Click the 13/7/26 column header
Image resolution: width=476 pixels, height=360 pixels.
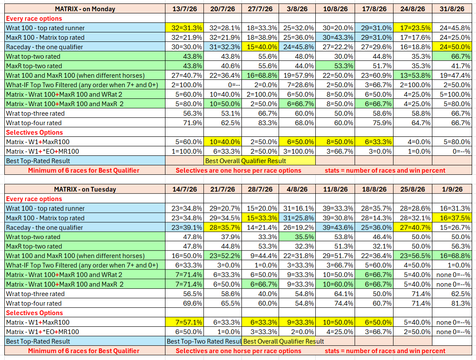(184, 9)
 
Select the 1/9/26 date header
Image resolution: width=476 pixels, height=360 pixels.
(452, 189)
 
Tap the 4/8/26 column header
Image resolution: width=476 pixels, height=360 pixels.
(297, 189)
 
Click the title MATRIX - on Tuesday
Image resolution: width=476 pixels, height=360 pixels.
(85, 189)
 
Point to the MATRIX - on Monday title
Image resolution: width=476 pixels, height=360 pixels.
(85, 9)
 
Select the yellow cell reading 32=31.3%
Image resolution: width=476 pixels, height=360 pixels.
(184, 28)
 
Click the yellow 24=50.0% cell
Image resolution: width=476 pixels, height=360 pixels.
(452, 47)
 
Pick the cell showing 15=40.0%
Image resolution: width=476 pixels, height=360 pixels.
(260, 47)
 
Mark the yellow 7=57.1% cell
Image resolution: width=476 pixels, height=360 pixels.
(184, 322)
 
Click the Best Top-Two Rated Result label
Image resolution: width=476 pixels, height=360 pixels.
(204, 341)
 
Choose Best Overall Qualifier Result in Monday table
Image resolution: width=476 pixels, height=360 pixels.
(246, 161)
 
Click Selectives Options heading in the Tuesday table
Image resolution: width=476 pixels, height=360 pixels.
(34, 313)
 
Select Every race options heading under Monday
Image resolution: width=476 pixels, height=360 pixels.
(34, 19)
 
